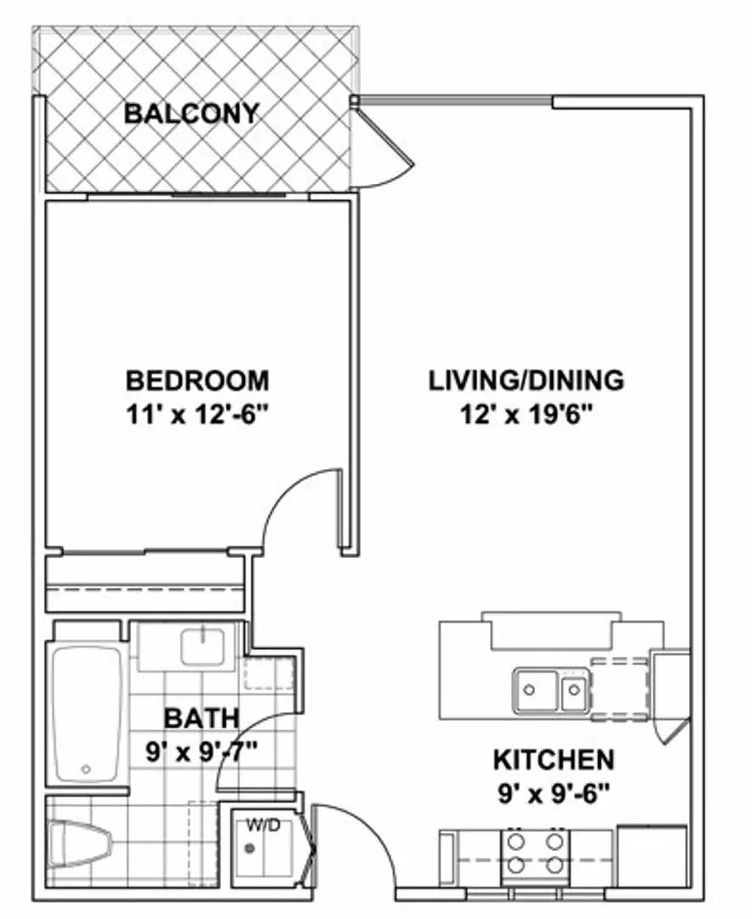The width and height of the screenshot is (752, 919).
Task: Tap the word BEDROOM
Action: pos(197,380)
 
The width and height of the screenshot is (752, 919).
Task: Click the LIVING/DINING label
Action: pos(526,380)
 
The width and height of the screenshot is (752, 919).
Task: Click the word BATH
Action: pos(201,719)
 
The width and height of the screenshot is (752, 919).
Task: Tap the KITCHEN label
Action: pos(553,758)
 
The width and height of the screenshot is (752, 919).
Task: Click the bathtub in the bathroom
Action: pos(87,713)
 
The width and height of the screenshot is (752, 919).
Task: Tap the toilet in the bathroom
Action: pos(81,843)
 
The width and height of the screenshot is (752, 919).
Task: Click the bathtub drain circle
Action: pos(86,768)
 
